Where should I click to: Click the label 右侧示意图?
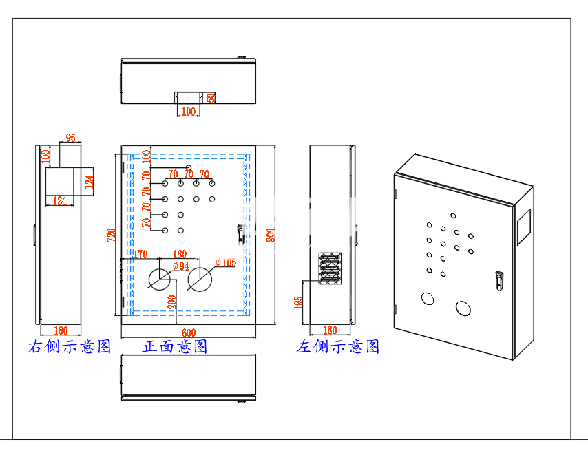70,346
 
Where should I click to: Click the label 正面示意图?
175,346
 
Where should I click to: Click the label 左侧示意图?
338,346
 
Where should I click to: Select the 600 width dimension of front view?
188,333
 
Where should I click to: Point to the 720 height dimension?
109,235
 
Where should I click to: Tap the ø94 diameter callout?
180,266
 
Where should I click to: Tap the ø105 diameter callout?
225,262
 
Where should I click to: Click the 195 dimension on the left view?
299,303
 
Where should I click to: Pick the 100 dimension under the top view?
187,112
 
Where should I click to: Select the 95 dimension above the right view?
70,137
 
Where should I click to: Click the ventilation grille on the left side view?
330,268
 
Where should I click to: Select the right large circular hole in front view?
200,279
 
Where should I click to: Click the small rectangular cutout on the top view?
187,97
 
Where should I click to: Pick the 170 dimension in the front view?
140,254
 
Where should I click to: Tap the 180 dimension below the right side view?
60,330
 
